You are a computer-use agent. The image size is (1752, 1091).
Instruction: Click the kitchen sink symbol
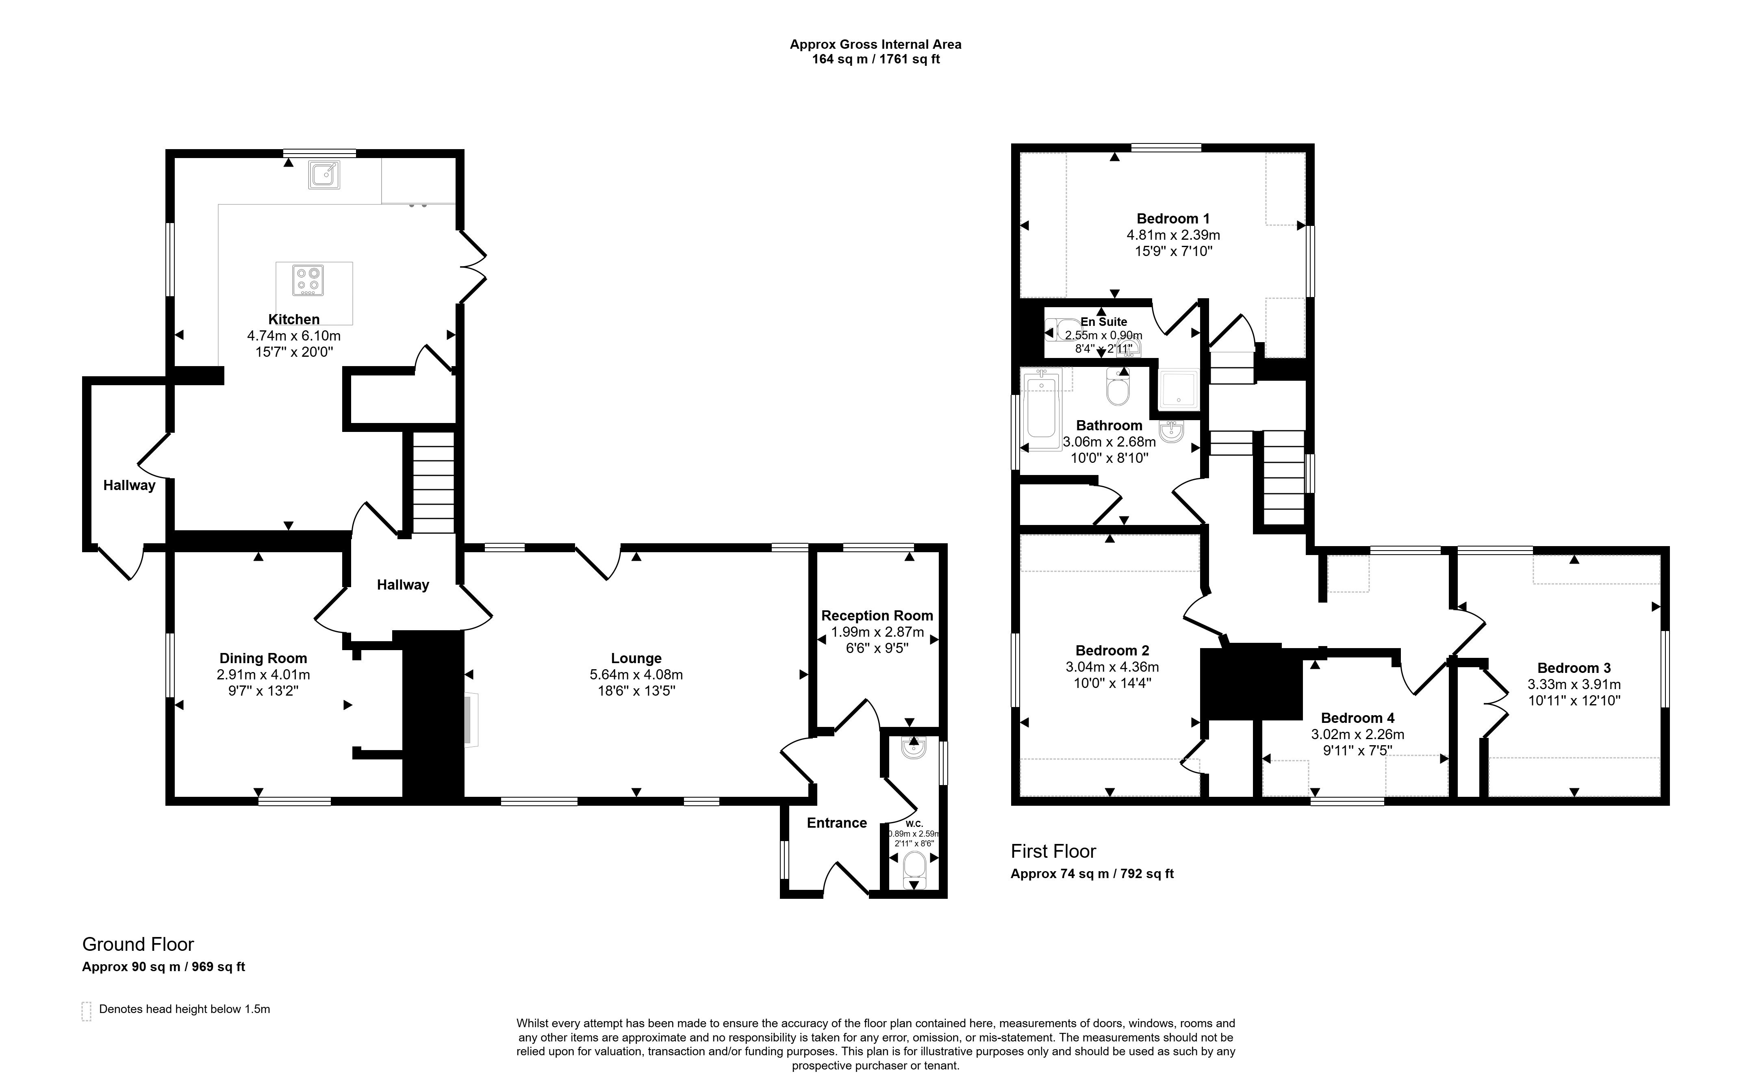tap(324, 175)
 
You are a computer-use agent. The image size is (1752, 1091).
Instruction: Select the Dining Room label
tap(263, 658)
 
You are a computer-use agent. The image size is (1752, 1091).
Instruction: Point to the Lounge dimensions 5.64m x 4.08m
tap(636, 675)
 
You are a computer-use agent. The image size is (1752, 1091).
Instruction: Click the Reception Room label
tap(877, 616)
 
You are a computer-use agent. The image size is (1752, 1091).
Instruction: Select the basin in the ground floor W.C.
tap(914, 748)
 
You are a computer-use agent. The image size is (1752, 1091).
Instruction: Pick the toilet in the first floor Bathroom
tap(1118, 388)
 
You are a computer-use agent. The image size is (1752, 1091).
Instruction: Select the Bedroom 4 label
tap(1357, 718)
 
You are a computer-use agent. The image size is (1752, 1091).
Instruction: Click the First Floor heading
tap(1053, 851)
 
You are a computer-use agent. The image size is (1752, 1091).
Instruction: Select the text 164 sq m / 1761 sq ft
tap(876, 59)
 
